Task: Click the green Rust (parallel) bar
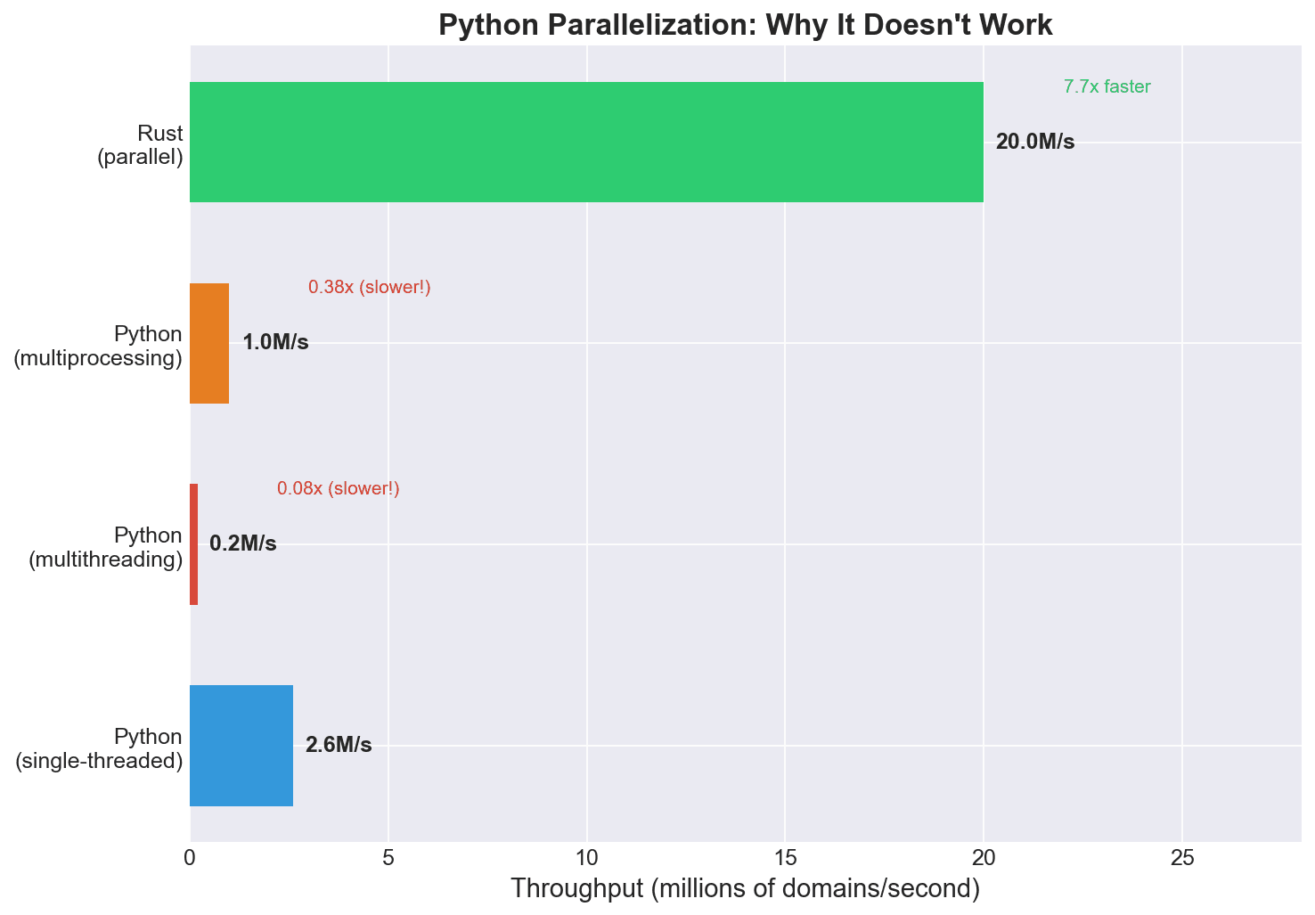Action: (586, 143)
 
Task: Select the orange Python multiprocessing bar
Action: (209, 344)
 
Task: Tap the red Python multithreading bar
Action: (194, 544)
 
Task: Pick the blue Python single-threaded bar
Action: (241, 746)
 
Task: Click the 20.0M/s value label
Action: (1035, 143)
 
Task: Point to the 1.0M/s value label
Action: (275, 343)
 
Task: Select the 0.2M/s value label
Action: (243, 544)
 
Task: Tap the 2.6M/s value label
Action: (339, 746)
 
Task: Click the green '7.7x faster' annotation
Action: (1107, 87)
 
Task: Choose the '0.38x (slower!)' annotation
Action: (370, 288)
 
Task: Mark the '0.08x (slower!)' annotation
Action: (339, 489)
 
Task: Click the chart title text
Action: (746, 25)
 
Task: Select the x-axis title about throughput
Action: (746, 889)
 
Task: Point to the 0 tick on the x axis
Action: (190, 858)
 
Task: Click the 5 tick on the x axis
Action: (388, 858)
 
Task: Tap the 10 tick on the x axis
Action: (587, 858)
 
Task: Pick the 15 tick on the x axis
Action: (785, 858)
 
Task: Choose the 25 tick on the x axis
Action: (1182, 858)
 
